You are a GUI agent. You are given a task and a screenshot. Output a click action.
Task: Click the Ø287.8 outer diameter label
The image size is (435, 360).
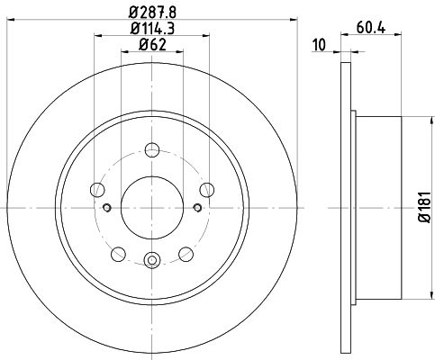152,13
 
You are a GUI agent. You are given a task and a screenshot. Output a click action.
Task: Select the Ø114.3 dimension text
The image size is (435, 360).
152,29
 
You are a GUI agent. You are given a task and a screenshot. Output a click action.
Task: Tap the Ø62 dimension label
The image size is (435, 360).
152,45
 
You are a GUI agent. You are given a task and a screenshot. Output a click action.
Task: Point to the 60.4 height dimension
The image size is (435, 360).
371,28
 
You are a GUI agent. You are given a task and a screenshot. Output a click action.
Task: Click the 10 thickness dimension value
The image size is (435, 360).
319,45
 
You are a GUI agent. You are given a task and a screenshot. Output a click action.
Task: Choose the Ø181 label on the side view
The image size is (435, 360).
425,207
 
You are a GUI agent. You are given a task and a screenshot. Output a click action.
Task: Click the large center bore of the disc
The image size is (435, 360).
152,208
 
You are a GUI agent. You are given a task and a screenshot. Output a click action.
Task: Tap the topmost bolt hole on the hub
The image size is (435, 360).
152,149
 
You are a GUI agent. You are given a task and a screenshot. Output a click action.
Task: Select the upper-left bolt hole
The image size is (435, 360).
97,190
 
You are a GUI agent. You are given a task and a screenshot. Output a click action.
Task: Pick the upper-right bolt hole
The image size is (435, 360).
207,190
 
